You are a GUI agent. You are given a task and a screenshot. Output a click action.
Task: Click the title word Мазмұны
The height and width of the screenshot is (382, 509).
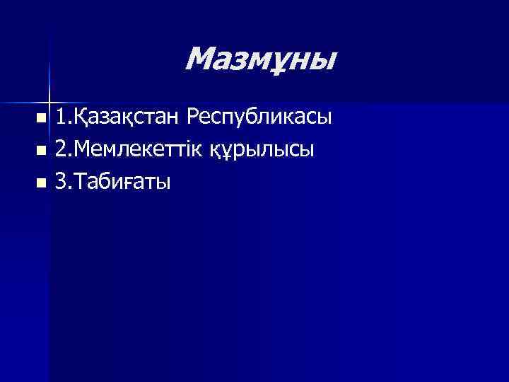(260, 60)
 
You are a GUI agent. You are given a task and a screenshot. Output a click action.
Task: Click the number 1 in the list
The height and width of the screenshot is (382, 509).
(62, 115)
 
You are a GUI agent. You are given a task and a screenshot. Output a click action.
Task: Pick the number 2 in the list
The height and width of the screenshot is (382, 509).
(62, 149)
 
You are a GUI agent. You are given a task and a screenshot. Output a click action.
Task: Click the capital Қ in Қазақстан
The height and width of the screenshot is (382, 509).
(81, 116)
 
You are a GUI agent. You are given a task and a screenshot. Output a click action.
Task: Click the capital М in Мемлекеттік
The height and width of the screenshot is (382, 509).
(83, 149)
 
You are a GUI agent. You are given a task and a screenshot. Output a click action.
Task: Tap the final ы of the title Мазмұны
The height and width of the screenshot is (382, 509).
(322, 62)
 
